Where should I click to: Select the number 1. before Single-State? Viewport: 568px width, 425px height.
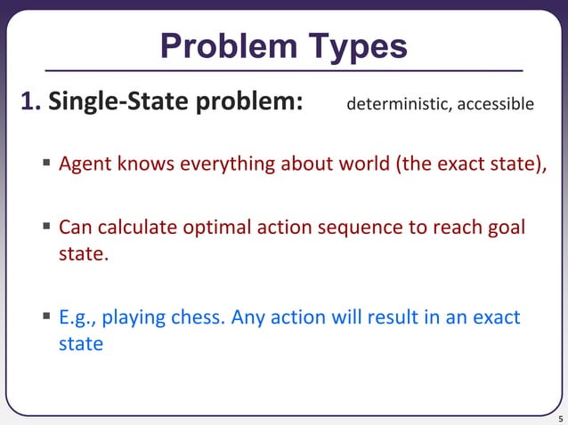(x=30, y=104)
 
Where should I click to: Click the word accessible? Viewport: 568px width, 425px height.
(x=496, y=105)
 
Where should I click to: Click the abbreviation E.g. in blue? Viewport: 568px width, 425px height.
(x=76, y=317)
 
